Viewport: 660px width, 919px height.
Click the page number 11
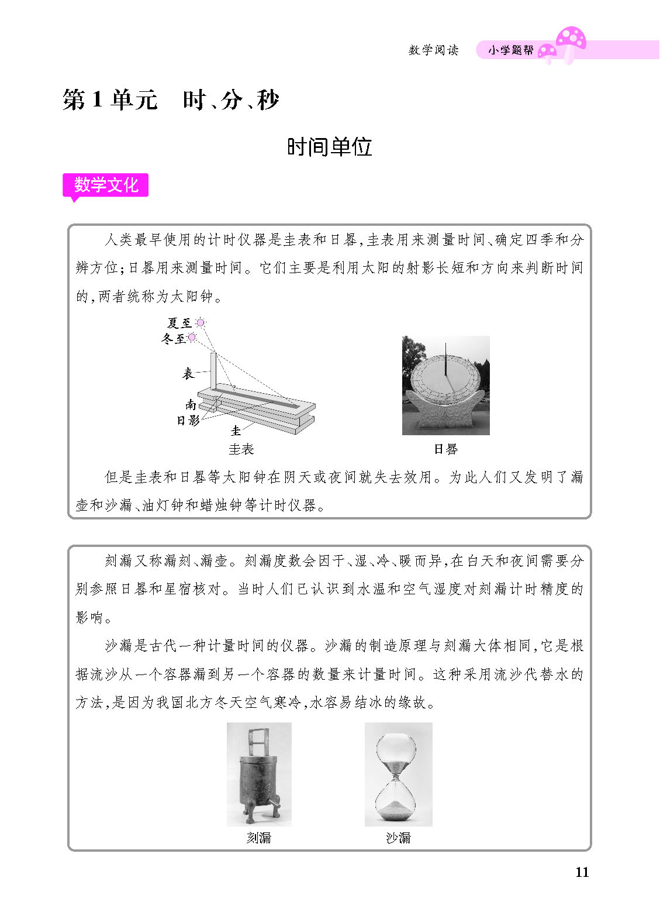click(582, 872)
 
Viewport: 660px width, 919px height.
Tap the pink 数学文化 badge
click(106, 185)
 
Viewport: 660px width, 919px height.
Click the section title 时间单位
click(329, 147)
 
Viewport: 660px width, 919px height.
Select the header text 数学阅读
click(433, 50)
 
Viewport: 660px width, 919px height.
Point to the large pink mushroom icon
click(570, 39)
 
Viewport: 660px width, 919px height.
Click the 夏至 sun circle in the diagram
click(201, 322)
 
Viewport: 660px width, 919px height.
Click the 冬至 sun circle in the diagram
click(192, 337)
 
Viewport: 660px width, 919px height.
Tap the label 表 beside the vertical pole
click(188, 373)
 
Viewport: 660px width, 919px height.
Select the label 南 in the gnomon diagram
click(191, 404)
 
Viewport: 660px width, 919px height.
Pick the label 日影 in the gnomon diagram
click(188, 419)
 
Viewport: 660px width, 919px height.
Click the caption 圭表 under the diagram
click(241, 449)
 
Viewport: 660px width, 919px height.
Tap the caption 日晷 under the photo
click(445, 449)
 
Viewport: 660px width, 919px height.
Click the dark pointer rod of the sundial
click(445, 360)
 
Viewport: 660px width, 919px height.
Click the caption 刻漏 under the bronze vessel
click(258, 838)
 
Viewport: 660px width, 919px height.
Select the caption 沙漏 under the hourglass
click(398, 838)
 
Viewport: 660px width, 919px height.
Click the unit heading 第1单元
click(110, 100)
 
